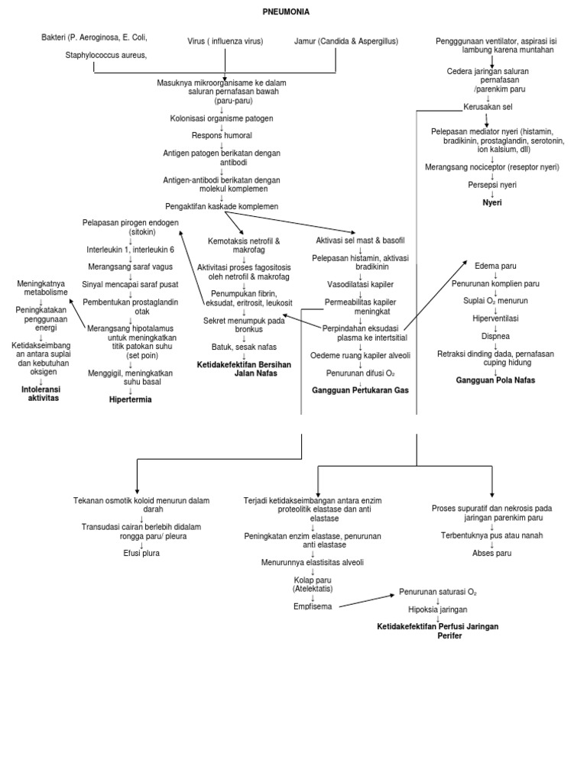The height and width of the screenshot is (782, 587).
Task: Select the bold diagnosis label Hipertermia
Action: [131, 399]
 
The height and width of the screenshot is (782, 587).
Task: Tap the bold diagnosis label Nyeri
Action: [492, 202]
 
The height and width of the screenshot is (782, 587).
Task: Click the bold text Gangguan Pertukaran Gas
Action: [360, 390]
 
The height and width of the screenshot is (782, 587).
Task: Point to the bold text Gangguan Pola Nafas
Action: [495, 380]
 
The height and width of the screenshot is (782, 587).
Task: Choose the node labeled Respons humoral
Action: [222, 135]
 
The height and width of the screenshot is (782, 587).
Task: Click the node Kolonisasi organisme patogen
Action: [222, 118]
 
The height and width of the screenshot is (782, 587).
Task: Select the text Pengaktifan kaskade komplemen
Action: [222, 206]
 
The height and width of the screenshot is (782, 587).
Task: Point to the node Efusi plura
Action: [141, 553]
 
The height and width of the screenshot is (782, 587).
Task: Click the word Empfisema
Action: [313, 606]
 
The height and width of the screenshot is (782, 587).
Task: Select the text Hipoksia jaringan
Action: [437, 609]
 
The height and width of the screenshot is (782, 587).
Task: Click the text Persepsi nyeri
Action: [492, 185]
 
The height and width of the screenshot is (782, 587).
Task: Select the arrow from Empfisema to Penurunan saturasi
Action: [366, 599]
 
